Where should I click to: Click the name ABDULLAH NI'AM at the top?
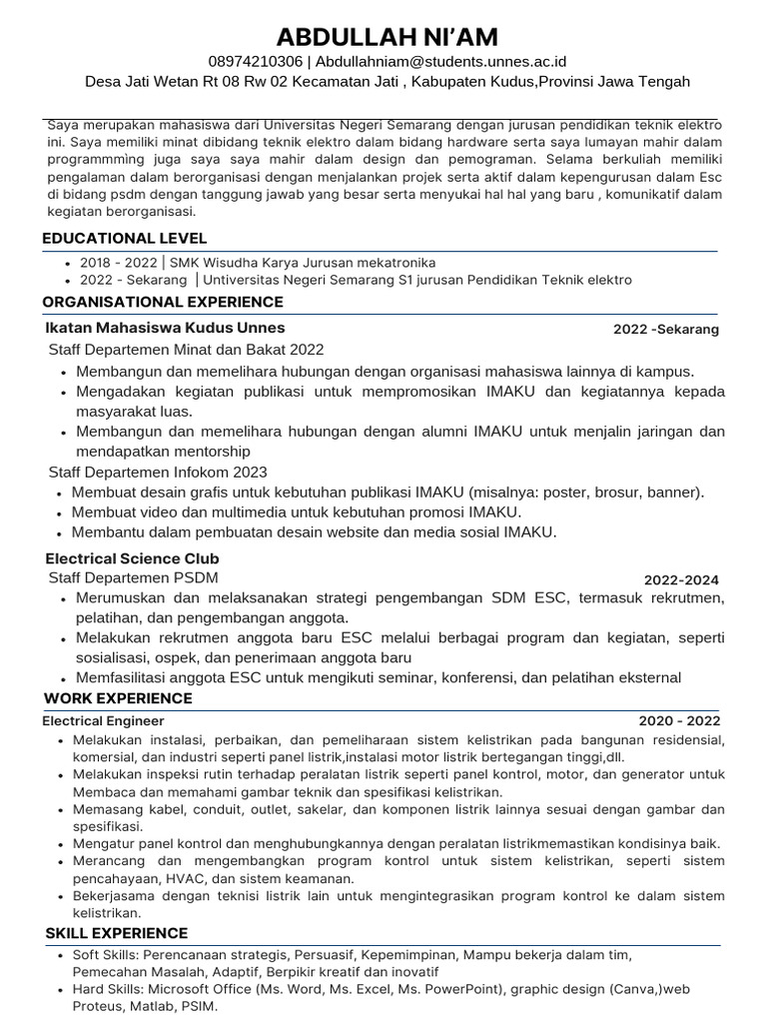tap(386, 37)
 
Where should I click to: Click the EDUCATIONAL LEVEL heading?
tap(124, 238)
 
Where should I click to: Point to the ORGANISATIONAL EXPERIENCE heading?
tap(163, 302)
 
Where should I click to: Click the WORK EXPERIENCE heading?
tap(118, 697)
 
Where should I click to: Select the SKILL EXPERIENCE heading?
tap(116, 933)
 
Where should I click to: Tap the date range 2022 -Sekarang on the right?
tap(665, 330)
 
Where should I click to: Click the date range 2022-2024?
tap(680, 580)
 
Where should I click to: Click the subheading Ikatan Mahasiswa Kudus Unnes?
tap(165, 328)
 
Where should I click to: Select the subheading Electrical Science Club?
tap(132, 558)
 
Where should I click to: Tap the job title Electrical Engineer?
tap(104, 720)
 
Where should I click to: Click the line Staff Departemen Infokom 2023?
tap(158, 472)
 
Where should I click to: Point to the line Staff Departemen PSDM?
tap(133, 577)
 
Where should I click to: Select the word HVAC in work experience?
tap(181, 878)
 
